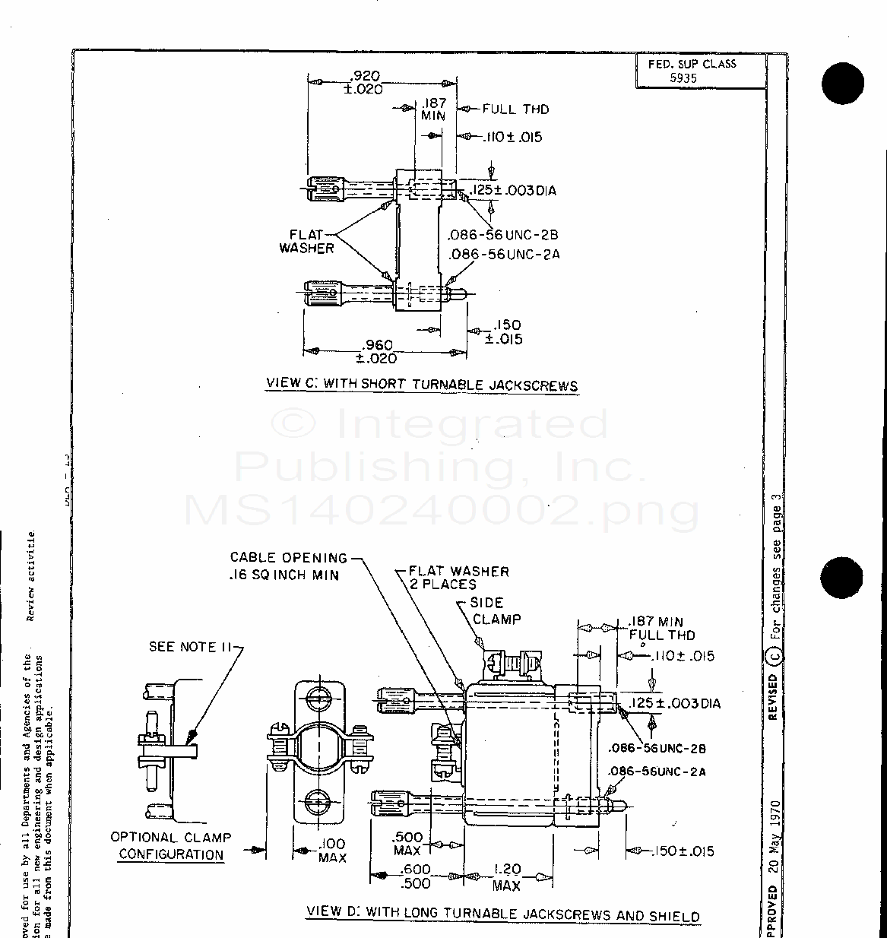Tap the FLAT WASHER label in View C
click(x=307, y=242)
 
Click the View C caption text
click(x=422, y=385)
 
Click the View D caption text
click(x=502, y=914)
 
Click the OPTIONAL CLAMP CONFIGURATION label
click(x=171, y=845)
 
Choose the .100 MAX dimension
click(x=332, y=851)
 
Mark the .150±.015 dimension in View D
click(x=683, y=851)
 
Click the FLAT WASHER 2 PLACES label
click(x=458, y=578)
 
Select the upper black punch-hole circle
click(x=843, y=82)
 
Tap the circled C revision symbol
click(x=775, y=654)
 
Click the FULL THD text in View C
click(x=515, y=109)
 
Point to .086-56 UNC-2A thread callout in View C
click(x=504, y=255)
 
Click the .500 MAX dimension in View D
click(x=408, y=844)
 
